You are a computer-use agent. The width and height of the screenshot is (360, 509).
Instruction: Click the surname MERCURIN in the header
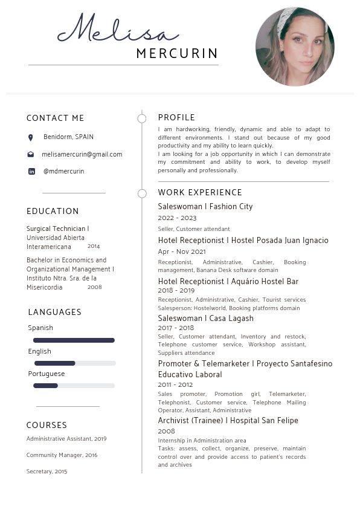click(177, 54)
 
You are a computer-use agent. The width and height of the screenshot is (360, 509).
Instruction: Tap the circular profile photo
click(295, 47)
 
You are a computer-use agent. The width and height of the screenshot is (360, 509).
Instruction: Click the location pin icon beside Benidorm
click(31, 138)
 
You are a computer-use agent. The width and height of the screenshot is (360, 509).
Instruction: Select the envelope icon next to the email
click(31, 155)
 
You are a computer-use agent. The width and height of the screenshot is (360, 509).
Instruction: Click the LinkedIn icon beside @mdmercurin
click(31, 172)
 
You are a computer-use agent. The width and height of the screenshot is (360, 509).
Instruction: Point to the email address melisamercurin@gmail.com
click(82, 155)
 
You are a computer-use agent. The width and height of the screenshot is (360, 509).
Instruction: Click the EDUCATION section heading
click(53, 211)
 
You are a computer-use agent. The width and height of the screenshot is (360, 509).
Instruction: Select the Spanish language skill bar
click(74, 340)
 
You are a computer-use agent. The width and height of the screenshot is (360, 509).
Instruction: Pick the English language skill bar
click(74, 363)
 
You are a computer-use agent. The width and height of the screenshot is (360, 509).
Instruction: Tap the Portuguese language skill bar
click(74, 386)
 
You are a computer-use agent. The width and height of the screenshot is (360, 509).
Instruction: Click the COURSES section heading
click(47, 425)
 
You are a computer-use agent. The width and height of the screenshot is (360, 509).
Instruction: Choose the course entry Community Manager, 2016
click(62, 455)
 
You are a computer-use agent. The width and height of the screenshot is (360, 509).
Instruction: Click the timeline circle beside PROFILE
click(142, 118)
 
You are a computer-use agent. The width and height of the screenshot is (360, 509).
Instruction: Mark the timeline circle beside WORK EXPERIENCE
click(142, 193)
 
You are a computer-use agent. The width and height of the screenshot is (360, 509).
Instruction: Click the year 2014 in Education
click(94, 247)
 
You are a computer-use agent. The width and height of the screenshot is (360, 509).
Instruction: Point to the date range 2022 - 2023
click(177, 218)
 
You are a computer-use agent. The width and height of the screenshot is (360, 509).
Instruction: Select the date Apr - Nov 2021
click(182, 251)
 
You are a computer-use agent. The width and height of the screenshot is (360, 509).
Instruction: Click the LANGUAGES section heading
click(54, 312)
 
